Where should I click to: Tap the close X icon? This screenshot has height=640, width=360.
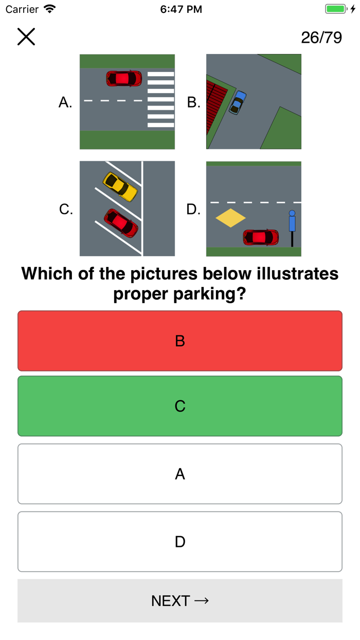pyautogui.click(x=26, y=37)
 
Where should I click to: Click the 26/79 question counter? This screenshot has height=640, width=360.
pyautogui.click(x=321, y=38)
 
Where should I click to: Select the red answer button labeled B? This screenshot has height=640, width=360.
pyautogui.click(x=180, y=341)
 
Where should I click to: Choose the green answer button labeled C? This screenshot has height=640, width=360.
pyautogui.click(x=180, y=406)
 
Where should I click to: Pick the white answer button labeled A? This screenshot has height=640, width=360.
pyautogui.click(x=180, y=474)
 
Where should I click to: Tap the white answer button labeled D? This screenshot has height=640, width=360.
pyautogui.click(x=180, y=542)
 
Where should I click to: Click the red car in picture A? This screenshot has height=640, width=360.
pyautogui.click(x=124, y=78)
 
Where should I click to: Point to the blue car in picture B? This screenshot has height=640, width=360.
pyautogui.click(x=238, y=102)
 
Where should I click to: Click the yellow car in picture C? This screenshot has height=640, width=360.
pyautogui.click(x=120, y=187)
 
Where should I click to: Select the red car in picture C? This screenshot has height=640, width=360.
pyautogui.click(x=121, y=223)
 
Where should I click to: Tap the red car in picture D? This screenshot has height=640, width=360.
pyautogui.click(x=261, y=237)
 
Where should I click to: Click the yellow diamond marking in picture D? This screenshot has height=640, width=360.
pyautogui.click(x=230, y=218)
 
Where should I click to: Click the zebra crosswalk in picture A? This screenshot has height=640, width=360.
pyautogui.click(x=160, y=99)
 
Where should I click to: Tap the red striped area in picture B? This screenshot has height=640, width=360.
pyautogui.click(x=216, y=105)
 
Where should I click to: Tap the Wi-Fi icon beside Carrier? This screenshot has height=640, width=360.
pyautogui.click(x=50, y=9)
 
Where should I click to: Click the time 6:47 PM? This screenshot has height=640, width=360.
pyautogui.click(x=181, y=9)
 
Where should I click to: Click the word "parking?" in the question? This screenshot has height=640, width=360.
pyautogui.click(x=210, y=294)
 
